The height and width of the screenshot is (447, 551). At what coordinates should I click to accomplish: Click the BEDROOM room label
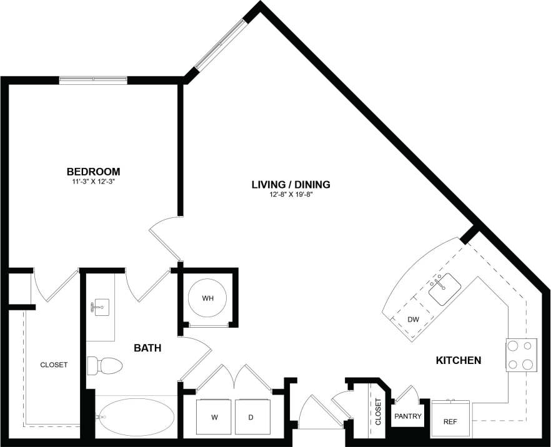93,172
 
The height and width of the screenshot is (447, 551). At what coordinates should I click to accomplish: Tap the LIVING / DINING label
290,185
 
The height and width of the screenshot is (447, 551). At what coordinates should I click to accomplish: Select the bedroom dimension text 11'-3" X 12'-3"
93,182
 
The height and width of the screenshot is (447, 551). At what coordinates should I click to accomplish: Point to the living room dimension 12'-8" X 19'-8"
290,195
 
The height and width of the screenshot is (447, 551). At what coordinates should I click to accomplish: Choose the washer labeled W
215,416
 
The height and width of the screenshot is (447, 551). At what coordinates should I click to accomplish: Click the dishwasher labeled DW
413,319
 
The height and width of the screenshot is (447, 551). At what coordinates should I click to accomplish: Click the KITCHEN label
458,360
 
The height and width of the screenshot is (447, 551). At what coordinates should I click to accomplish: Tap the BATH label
148,348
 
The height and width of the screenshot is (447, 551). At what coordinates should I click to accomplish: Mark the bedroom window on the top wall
93,80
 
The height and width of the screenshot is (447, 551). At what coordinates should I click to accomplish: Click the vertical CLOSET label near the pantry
378,412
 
